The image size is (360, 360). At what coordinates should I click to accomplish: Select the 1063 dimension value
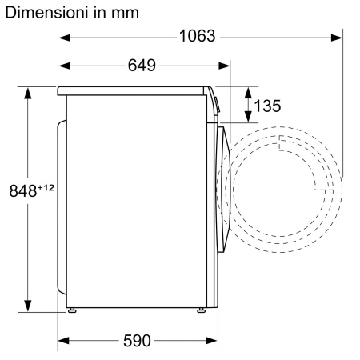coord(196,37)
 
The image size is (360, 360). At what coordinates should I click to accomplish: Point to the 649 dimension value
coord(142,65)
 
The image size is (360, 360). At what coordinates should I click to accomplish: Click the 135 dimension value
coord(267,106)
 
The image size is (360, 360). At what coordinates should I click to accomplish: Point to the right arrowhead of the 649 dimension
coord(224,65)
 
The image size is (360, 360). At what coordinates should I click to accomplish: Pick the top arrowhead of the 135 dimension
coord(246,91)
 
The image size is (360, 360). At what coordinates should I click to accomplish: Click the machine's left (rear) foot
coord(73,310)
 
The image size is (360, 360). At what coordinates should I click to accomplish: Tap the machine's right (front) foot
coord(200,310)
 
